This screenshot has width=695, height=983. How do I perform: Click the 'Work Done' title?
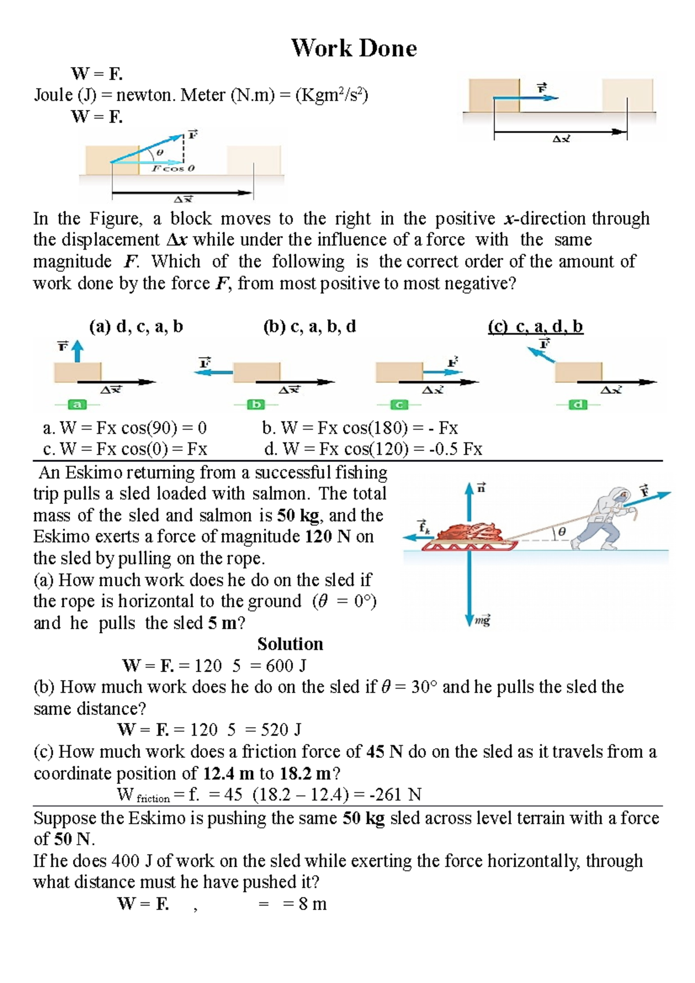point(354,49)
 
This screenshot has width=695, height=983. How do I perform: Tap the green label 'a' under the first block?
point(77,404)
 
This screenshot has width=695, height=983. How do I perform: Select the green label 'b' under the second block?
point(255,404)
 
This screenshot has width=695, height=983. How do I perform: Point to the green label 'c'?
point(398,404)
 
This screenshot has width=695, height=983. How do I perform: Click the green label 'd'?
point(577,404)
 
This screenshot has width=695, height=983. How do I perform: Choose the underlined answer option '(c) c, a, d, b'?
point(535,327)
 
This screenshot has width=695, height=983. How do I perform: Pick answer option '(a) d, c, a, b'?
point(136,327)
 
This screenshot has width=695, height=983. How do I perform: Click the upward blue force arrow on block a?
point(77,351)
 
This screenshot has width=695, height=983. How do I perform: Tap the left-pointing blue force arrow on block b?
point(213,373)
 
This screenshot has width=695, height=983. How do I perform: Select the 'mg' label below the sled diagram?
point(482,621)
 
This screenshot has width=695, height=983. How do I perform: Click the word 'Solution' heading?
point(290,644)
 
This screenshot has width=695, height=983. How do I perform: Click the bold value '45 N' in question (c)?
point(384,752)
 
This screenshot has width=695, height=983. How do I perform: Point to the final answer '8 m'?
point(313,904)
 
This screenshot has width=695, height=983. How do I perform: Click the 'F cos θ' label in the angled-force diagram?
point(173,168)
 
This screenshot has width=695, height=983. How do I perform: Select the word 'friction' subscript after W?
point(153,799)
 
